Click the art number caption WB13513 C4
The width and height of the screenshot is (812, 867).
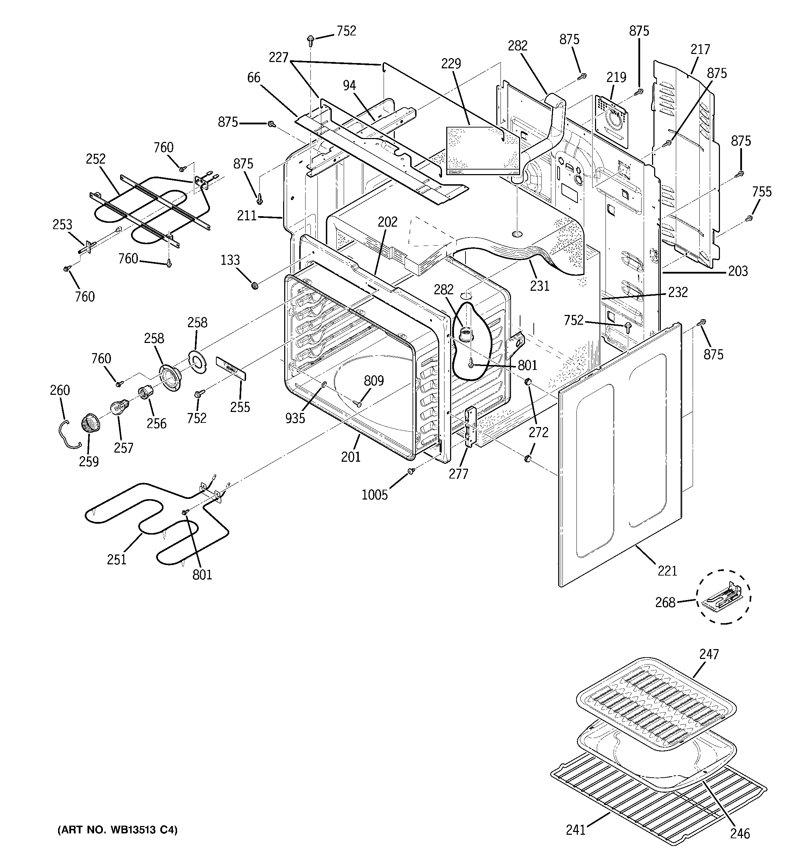(x=117, y=830)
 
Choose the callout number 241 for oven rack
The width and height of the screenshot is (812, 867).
(x=576, y=830)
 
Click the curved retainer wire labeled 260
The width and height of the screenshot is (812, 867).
(x=66, y=434)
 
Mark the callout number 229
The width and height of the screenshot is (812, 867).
(x=451, y=64)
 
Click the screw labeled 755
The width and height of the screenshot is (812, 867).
(x=749, y=218)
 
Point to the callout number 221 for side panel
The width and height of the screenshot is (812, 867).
(x=667, y=570)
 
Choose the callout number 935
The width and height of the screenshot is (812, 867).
(x=295, y=418)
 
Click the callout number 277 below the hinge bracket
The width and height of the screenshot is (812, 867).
(x=458, y=474)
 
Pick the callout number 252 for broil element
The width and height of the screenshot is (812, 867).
(x=96, y=159)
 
